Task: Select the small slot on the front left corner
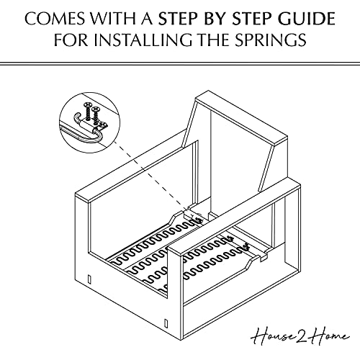(88, 277)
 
